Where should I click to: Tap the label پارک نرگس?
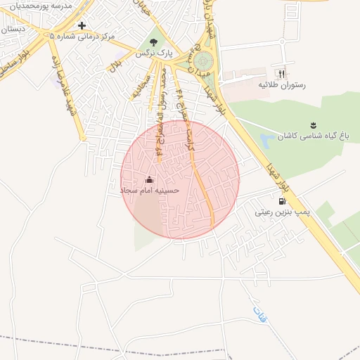tap(154, 53)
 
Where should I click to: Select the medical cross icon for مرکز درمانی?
tap(82, 25)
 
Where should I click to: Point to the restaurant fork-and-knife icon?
tap(282, 73)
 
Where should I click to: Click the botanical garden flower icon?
tap(314, 125)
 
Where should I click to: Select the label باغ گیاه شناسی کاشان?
tap(308, 136)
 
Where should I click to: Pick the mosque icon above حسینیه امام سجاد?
tap(149, 180)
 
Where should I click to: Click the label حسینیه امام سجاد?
tap(149, 191)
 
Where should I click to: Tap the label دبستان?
tap(14, 30)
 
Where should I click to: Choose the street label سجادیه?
tap(141, 89)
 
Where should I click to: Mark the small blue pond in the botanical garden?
tap(266, 141)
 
